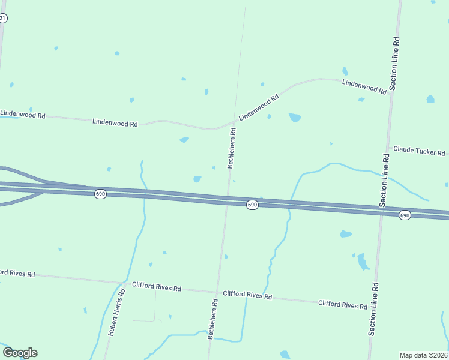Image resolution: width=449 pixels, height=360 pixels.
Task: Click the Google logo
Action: coord(20,353)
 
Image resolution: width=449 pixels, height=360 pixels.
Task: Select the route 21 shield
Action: coord(2,19)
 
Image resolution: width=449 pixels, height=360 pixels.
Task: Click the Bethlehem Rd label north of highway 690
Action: coord(231,148)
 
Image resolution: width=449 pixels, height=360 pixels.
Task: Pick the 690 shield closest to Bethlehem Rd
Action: coord(252,205)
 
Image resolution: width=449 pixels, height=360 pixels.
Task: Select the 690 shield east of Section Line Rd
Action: coord(405,215)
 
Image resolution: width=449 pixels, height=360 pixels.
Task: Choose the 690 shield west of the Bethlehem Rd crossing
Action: coord(101,194)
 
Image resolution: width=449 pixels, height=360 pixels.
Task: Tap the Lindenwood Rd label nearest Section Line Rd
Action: coord(364,86)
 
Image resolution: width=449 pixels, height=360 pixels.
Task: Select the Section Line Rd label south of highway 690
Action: coord(373,308)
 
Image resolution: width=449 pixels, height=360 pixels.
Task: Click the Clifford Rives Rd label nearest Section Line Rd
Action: coord(342,305)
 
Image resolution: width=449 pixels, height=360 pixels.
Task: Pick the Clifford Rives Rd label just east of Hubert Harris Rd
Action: coord(157,287)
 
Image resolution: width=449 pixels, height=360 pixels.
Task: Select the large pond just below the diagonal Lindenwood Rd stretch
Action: coord(294,117)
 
